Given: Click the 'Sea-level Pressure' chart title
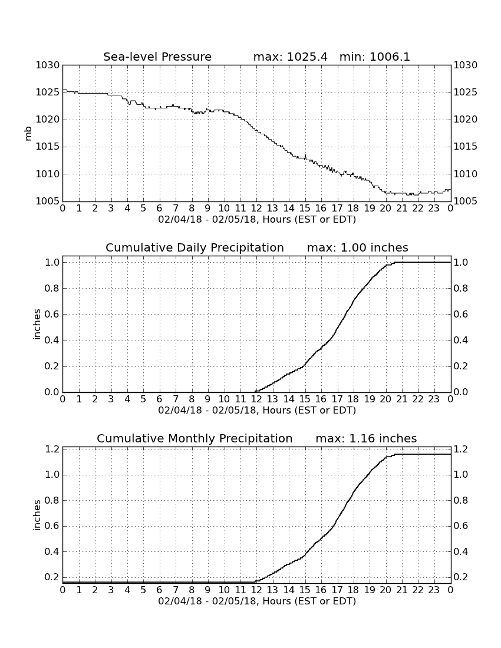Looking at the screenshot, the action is (x=157, y=57).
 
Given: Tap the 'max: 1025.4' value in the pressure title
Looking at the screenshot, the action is (x=290, y=57).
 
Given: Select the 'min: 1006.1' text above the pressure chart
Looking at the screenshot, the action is (x=374, y=57).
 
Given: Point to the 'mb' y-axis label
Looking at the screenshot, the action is (x=28, y=133).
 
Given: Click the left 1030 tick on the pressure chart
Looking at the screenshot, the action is (x=48, y=65).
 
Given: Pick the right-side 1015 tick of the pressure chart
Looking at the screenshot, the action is (x=466, y=147).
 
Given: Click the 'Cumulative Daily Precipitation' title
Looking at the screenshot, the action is (x=195, y=247).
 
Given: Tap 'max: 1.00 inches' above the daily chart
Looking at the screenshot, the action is (x=357, y=247).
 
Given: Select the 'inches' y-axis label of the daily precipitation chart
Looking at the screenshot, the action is (x=37, y=325).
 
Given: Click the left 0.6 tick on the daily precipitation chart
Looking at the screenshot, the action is (x=52, y=315).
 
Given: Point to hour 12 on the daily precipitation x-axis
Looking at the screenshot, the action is (x=256, y=399).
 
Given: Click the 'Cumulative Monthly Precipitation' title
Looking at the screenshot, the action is (x=195, y=438).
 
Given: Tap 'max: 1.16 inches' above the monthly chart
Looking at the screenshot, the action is (x=366, y=438).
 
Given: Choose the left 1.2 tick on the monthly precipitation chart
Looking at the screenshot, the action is (x=52, y=449).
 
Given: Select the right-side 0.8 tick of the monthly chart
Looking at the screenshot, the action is (x=461, y=501).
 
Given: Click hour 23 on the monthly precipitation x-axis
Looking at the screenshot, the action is (x=434, y=590).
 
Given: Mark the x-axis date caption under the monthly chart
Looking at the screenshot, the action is (x=257, y=601).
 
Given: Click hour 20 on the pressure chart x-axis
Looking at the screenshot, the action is (x=385, y=209).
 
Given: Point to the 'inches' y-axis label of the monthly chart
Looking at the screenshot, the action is (x=37, y=515).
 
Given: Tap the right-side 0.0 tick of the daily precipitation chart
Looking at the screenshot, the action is (x=461, y=392).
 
